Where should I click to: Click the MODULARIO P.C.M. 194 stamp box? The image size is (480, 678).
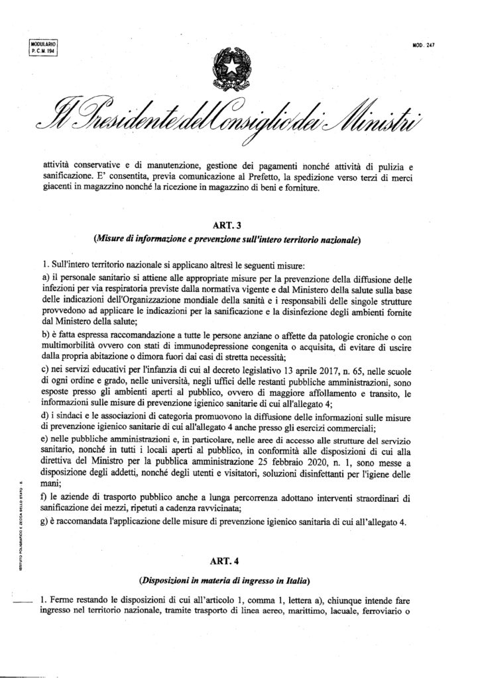[41, 48]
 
